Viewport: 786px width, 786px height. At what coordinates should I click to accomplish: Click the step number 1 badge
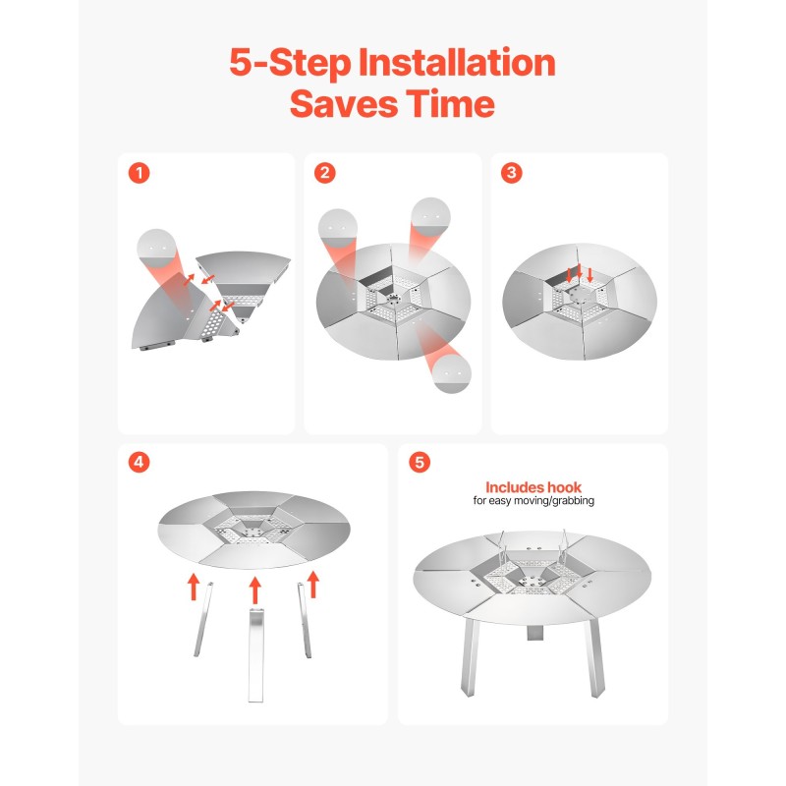pos(140,174)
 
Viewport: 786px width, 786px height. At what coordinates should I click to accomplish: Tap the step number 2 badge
pos(325,173)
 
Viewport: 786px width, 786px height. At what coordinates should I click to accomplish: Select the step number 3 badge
pos(511,173)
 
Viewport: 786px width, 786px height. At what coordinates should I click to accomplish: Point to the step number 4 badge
pos(139,462)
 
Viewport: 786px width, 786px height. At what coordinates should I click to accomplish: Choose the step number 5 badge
pos(420,462)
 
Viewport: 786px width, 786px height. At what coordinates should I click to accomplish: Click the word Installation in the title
pos(457,63)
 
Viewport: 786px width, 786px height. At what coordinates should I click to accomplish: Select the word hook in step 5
pos(564,487)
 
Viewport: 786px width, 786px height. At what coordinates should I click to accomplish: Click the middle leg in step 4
pos(255,655)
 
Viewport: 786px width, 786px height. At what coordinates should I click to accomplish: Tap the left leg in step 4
pos(203,620)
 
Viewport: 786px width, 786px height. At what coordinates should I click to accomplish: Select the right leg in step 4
pos(305,620)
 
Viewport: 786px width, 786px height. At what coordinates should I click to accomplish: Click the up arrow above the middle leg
pos(255,590)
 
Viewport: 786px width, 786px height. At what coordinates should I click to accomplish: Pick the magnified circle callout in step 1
pos(156,250)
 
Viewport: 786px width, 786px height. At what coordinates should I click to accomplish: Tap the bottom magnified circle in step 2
pos(452,373)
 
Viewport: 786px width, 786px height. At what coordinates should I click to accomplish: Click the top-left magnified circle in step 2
pos(338,229)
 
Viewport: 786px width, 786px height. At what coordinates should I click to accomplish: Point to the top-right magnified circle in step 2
pos(430,217)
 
